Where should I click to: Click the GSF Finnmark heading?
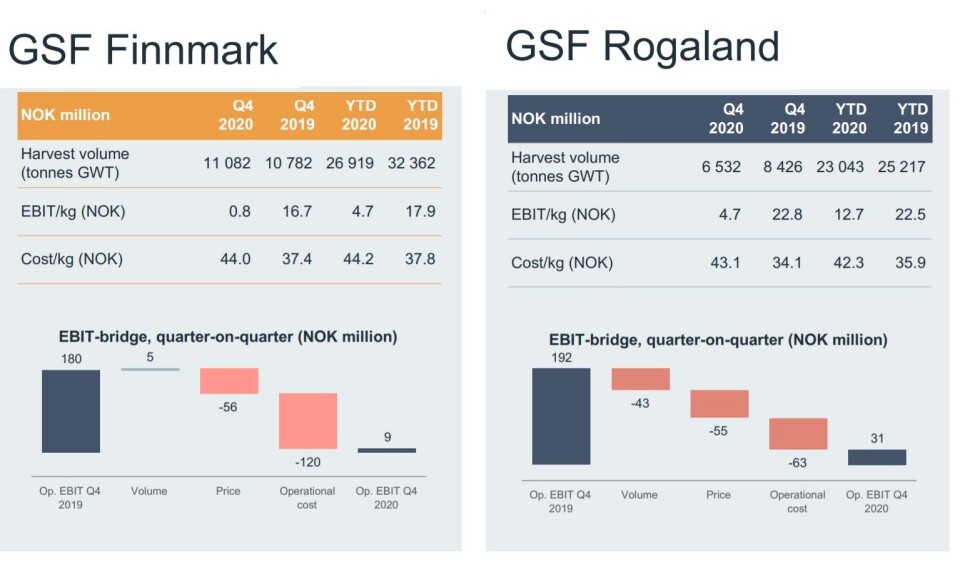[143, 49]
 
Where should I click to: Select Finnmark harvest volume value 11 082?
[227, 163]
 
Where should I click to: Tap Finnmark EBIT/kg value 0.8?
[239, 211]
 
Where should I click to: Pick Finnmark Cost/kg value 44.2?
[358, 259]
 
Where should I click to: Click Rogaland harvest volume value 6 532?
[721, 167]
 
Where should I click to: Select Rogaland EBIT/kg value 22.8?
[787, 214]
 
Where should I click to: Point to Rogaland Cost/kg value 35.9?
[910, 263]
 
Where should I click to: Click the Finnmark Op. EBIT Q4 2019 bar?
[71, 411]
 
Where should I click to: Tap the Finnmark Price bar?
[229, 381]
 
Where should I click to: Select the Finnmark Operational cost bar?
[308, 421]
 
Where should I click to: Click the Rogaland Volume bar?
[640, 379]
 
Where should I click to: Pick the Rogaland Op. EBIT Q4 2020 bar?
[877, 457]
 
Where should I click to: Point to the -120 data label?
[307, 462]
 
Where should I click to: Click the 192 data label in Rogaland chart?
[561, 358]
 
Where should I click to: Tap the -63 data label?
[797, 463]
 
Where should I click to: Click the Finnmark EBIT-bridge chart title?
[228, 337]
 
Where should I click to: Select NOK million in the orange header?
[66, 115]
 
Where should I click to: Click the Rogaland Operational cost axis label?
[797, 501]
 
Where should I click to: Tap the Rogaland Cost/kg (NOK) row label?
[562, 263]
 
